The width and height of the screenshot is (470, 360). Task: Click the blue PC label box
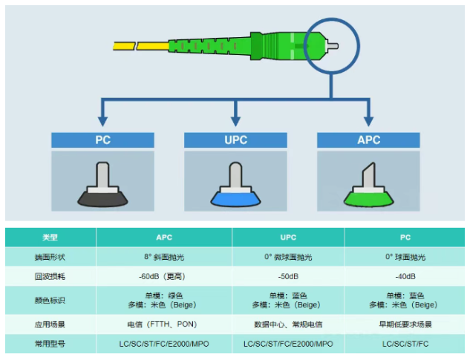tap(102, 140)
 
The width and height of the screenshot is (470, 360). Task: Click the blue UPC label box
tap(235, 140)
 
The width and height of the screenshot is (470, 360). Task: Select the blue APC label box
tap(368, 140)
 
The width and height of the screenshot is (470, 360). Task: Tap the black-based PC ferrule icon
tap(102, 186)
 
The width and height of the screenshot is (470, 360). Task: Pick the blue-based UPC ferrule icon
tap(235, 186)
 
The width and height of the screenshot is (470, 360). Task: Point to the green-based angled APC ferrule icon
tap(368, 186)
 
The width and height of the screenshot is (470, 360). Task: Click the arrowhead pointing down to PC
tap(102, 119)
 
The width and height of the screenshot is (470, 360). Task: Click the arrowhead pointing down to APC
tap(368, 119)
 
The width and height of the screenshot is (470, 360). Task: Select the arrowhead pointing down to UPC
tap(235, 119)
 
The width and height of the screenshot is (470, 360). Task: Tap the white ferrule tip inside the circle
tap(333, 45)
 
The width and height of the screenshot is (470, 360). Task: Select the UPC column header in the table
tap(287, 238)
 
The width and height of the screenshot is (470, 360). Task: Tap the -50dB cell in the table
tap(287, 277)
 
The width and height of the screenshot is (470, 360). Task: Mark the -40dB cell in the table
tap(405, 277)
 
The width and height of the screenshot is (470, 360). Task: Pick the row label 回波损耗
tap(50, 277)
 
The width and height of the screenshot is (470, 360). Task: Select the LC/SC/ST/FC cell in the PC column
tap(405, 344)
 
